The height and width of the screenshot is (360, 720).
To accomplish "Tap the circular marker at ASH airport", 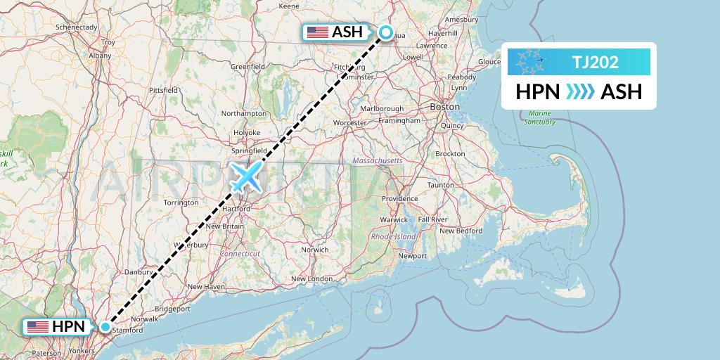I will pyautogui.click(x=386, y=32).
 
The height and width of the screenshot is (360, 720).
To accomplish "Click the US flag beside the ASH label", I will pyautogui.click(x=318, y=32).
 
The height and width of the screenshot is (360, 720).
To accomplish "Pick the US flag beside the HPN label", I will pyautogui.click(x=37, y=326).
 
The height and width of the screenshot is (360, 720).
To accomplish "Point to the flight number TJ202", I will pyautogui.click(x=595, y=62).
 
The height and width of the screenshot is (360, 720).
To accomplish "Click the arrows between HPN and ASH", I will pyautogui.click(x=581, y=91).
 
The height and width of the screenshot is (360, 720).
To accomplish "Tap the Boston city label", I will pyautogui.click(x=444, y=106).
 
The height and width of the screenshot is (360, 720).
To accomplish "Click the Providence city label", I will pyautogui.click(x=400, y=199).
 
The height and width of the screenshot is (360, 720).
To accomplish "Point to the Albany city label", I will pyautogui.click(x=101, y=55).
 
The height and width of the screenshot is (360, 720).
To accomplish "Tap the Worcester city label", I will pyautogui.click(x=350, y=122).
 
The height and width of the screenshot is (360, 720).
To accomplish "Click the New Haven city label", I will pyautogui.click(x=205, y=286).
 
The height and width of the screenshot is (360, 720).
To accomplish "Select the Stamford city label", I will pyautogui.click(x=128, y=330).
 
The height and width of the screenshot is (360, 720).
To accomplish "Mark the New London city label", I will pyautogui.click(x=311, y=279).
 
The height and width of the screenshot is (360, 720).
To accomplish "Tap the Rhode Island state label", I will pyautogui.click(x=394, y=237).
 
